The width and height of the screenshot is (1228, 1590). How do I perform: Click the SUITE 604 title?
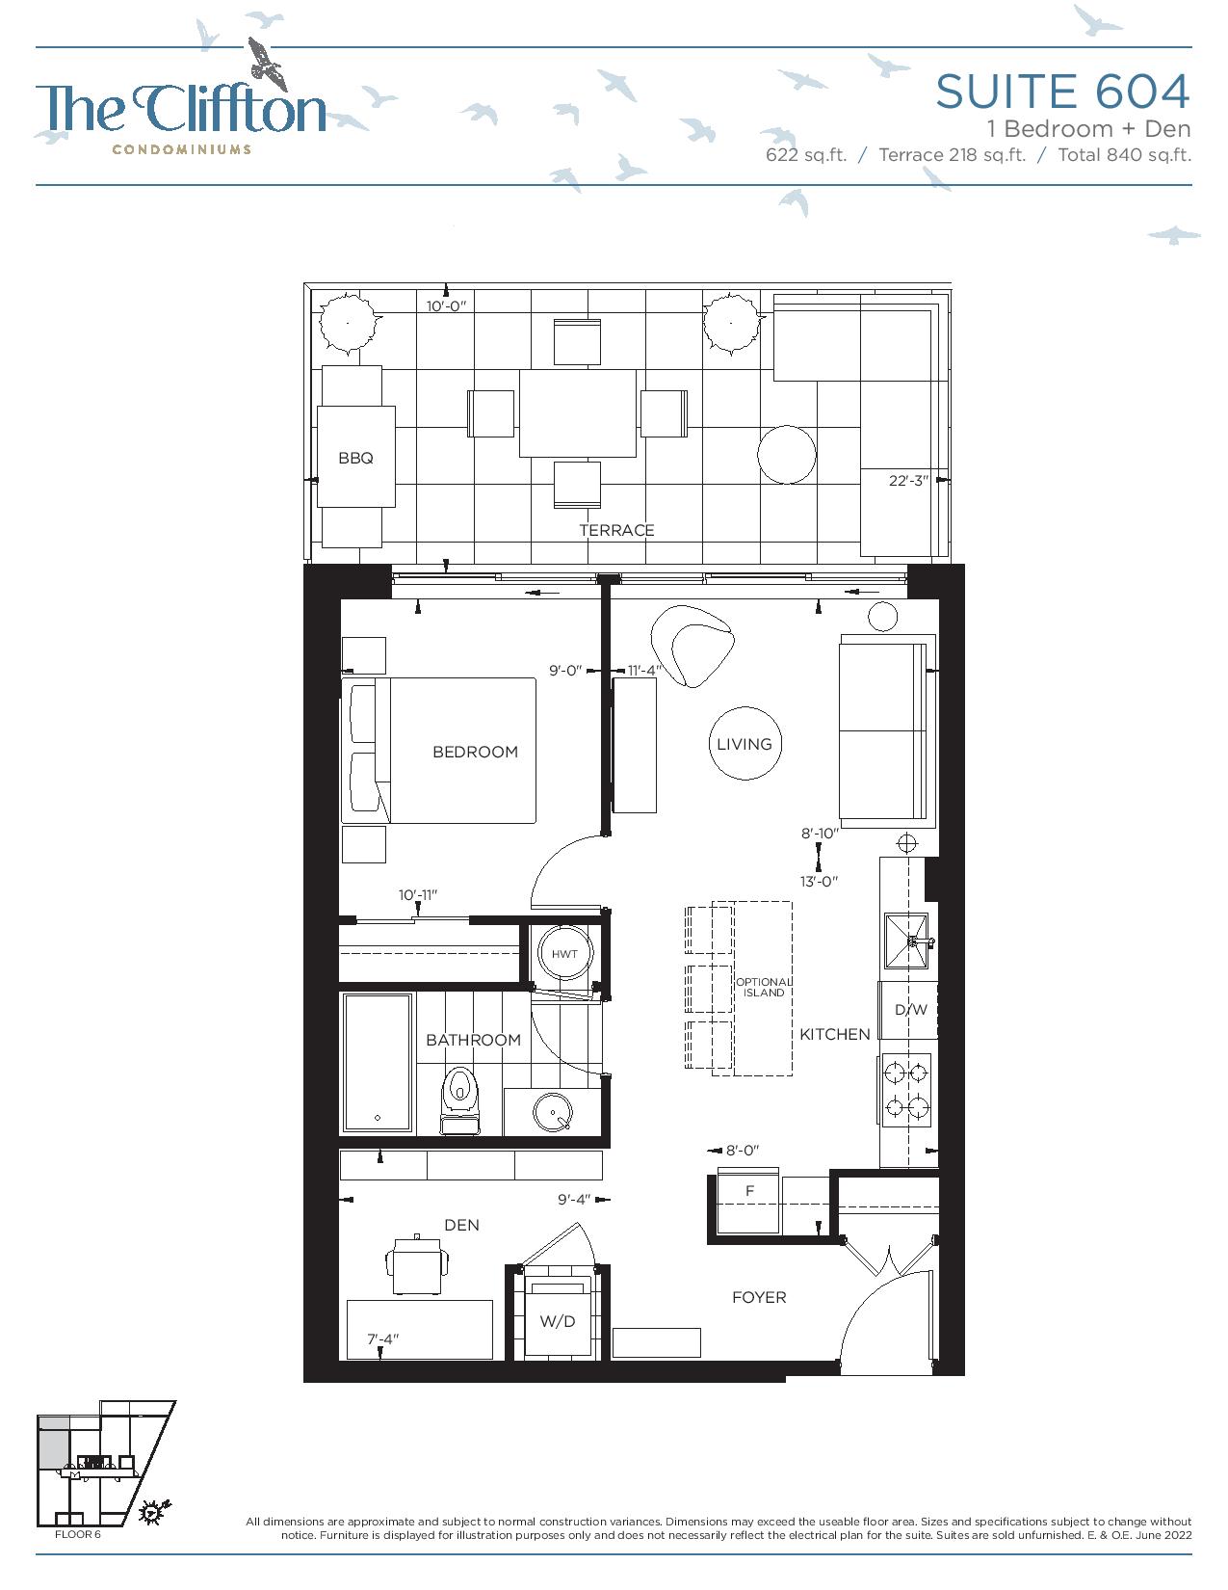pos(1062,92)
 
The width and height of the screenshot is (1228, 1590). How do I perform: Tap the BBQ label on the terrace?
pos(355,458)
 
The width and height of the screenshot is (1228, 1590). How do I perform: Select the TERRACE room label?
pos(616,530)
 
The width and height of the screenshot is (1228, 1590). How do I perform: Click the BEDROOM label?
pos(476,752)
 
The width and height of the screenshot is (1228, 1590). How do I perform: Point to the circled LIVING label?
pos(745,743)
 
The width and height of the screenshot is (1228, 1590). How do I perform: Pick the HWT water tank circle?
pos(564,953)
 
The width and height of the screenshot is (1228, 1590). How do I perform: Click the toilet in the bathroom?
pos(460,1100)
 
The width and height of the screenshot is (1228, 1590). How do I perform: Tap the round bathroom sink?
pos(553,1111)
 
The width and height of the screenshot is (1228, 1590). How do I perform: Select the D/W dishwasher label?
pos(910,1010)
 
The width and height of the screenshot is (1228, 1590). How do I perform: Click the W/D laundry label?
pos(558,1321)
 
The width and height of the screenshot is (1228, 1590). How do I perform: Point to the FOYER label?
pos(759,1297)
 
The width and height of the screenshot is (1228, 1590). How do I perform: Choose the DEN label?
pos(461,1225)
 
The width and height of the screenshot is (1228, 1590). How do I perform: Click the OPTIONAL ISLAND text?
pos(764,987)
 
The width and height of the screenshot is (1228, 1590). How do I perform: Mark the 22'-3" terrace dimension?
pos(908,481)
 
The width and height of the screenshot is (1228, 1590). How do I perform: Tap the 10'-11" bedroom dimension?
pos(418,895)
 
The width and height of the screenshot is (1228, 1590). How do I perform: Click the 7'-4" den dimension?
pos(382,1339)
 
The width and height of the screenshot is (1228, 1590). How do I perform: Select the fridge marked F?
pos(749,1202)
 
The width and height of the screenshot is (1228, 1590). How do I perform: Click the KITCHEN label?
pos(834,1034)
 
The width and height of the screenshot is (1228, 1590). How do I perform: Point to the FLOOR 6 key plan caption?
pos(77,1534)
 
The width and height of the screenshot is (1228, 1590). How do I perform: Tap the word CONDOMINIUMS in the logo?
pos(181,149)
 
